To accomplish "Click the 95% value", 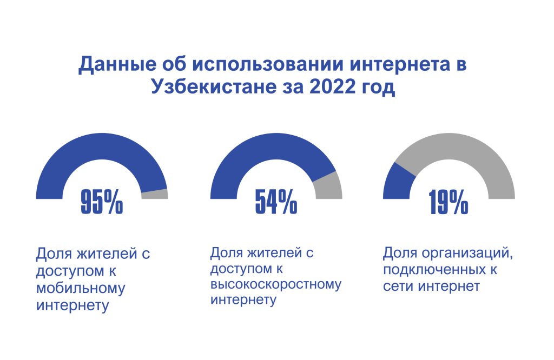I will click(x=102, y=202).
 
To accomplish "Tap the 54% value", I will click(x=276, y=202).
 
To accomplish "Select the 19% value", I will click(x=449, y=202).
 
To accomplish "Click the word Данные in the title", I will click(x=110, y=64).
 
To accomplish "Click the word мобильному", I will click(x=81, y=288).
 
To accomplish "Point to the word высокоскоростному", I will click(x=276, y=284).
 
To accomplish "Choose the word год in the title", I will click(x=377, y=87).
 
